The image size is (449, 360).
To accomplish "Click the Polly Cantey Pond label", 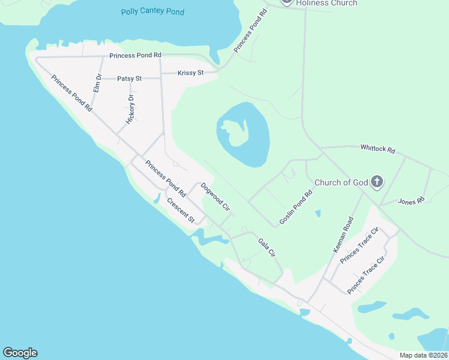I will pos(152,11).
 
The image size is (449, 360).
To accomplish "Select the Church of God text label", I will pos(340,182).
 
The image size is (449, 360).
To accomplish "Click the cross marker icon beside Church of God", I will pos(376,181).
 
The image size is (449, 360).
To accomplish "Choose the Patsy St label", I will pos(129,79).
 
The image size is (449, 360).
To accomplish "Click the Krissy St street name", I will pos(191,73).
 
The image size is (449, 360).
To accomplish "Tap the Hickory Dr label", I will pos(130,109).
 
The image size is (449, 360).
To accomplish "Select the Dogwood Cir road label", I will pos(215,197).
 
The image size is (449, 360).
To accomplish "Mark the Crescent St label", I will pos(181,210).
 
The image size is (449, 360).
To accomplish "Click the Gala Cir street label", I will pos(267,248).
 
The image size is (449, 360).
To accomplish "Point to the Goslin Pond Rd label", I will pos(297,208).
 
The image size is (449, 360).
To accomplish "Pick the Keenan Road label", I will pos(342,239).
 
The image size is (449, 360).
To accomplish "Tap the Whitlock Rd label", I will pos(378,149).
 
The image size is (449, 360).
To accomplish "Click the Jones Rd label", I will pos(411,200).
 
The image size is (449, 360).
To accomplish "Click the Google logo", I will pos(20,353).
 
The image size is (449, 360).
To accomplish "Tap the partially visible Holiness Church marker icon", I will pos(287,2).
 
